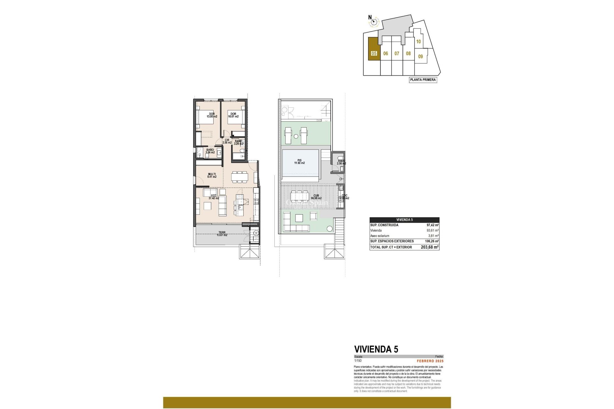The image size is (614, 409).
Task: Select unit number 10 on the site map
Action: pos(418,42)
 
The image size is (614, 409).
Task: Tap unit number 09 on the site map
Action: pos(421,57)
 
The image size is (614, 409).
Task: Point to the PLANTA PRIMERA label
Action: pos(423,80)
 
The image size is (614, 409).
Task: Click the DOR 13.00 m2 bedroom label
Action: pos(212,115)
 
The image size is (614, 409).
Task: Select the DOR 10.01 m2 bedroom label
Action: pos(233,115)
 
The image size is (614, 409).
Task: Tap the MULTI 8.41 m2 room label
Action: pos(212,175)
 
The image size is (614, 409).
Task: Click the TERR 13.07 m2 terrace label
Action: pos(222,234)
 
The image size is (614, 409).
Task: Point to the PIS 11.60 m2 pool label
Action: pos(299,162)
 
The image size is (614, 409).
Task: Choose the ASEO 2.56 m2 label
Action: pos(341,162)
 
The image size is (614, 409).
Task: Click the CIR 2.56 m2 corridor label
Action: pos(227,141)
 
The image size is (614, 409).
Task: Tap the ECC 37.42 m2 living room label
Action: pos(214,197)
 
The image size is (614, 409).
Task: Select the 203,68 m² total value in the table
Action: pos(429,247)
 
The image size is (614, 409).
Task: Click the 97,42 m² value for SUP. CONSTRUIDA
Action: pos(432,225)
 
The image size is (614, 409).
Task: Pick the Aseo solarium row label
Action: pos(380,236)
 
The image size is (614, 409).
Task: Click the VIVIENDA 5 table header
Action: pos(404,220)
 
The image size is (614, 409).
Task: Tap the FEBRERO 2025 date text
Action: pos(430,361)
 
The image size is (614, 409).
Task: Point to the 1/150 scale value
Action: pos(358,361)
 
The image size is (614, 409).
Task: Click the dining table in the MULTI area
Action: pos(240,176)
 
